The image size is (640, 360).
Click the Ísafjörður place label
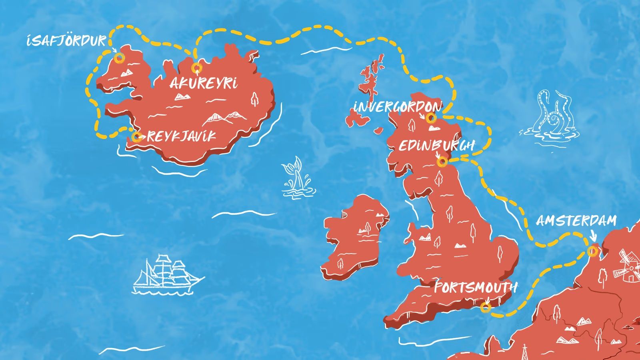tap(66, 41)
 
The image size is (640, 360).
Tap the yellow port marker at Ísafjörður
tap(119, 58)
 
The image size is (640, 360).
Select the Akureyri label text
tap(203, 84)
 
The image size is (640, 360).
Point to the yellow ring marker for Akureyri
tap(196, 68)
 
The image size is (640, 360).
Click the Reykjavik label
tap(181, 136)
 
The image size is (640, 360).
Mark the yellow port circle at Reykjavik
tap(137, 137)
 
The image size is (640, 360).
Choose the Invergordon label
tap(397, 107)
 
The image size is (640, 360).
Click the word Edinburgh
tap(436, 146)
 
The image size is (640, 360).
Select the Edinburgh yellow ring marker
tap(442, 162)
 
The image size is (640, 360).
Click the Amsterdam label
tap(576, 221)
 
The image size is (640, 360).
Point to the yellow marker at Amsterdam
tap(592, 251)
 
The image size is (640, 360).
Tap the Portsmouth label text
tap(475, 288)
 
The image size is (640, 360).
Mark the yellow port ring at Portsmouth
tap(485, 307)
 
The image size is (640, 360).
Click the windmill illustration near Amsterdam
tap(625, 266)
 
